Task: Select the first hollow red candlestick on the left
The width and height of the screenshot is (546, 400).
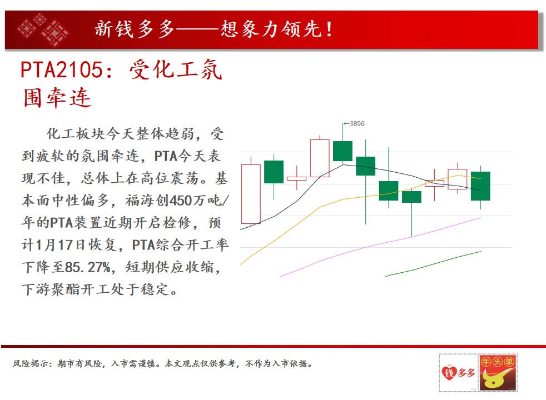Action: pos(251,194)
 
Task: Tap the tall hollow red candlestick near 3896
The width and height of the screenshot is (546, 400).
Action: pos(320,158)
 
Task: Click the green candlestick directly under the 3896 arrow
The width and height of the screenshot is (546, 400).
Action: pos(343,151)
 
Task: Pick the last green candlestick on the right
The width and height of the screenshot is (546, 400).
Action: pos(480,186)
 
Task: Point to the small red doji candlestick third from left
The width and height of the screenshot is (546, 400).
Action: pos(297,178)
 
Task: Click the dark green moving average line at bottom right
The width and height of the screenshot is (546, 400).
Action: pos(433,264)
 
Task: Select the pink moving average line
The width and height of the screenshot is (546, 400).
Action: pos(380,247)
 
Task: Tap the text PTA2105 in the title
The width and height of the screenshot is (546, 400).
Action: pos(62,69)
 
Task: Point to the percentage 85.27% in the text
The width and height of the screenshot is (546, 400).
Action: pos(87,267)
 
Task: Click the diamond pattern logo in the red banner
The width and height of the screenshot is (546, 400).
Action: pos(43,29)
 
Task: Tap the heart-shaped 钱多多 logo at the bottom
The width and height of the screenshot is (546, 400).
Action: pos(458,373)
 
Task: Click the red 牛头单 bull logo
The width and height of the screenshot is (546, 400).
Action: pos(498,373)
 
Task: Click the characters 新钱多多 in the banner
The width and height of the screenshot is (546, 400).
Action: pos(135,29)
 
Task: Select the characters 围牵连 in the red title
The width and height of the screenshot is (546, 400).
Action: pos(57,98)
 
